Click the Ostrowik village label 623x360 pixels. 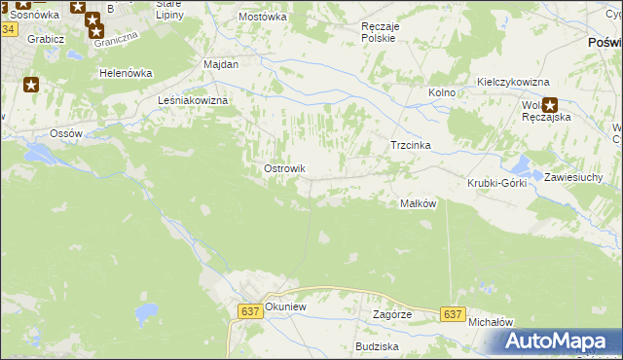coord(285,168)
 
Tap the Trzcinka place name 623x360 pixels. coord(410,145)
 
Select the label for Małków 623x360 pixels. coord(417,203)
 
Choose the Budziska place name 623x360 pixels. coord(377,346)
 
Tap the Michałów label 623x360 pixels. coord(490,321)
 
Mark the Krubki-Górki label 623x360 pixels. coord(496,183)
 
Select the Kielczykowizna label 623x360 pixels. coord(513,83)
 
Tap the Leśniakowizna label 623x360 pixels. coord(193,100)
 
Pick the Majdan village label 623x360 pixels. coord(221,63)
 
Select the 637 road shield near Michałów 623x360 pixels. coord(451,314)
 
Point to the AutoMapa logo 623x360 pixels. coord(558,342)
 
